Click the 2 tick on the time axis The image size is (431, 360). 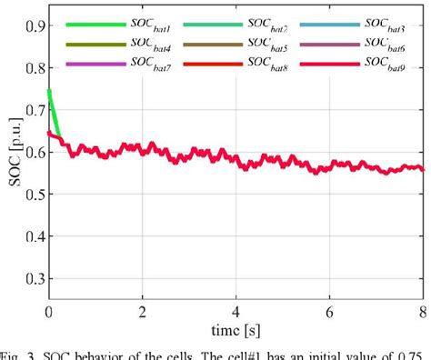(x=142, y=312)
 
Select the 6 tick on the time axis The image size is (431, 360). (x=329, y=312)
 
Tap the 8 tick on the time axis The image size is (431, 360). (x=422, y=312)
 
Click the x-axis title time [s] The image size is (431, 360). (x=236, y=328)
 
